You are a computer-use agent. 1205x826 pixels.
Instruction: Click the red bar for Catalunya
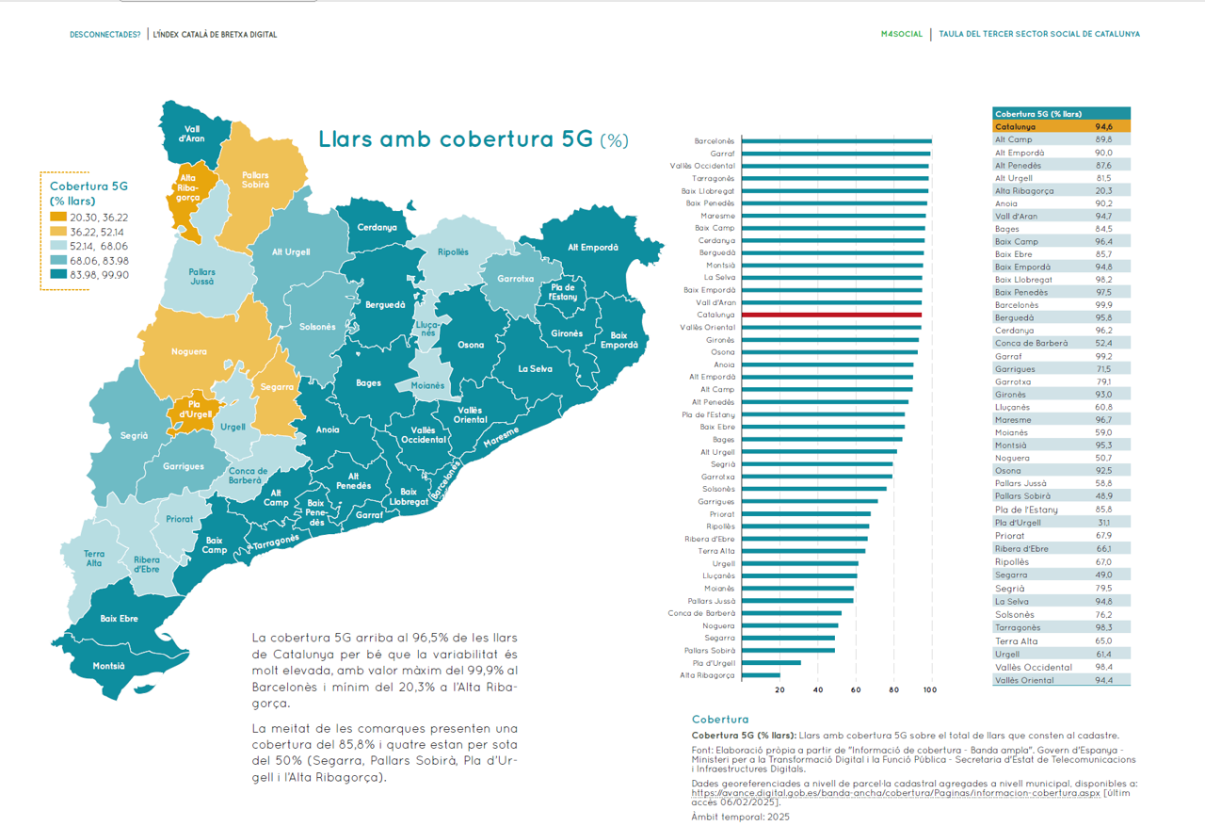point(831,315)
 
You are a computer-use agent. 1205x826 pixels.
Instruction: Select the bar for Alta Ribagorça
point(761,675)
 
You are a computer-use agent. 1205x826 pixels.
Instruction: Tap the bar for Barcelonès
point(836,141)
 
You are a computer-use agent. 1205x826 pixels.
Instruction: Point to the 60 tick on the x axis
point(856,690)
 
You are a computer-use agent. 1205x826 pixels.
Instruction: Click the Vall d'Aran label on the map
point(192,133)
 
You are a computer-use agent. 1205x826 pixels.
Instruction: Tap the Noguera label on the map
point(189,351)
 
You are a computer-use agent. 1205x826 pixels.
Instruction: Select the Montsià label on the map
point(108,665)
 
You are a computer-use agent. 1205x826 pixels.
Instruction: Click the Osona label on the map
point(471,345)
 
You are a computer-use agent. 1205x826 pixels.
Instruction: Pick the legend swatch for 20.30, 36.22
point(58,218)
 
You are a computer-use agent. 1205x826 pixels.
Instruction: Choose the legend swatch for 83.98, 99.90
point(58,274)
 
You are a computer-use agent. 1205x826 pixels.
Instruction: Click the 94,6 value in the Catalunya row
point(1103,126)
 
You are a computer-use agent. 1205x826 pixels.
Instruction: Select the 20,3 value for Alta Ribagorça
point(1103,190)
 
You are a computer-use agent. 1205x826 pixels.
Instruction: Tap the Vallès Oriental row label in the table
point(1024,680)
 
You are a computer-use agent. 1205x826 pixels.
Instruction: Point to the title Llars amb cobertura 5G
point(456,139)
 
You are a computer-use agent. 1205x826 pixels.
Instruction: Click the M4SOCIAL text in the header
point(902,34)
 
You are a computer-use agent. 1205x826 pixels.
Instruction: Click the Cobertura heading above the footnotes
point(720,720)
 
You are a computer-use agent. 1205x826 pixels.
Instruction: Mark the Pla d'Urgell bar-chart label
point(711,663)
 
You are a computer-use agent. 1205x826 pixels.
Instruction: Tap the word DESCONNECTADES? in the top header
point(104,35)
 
